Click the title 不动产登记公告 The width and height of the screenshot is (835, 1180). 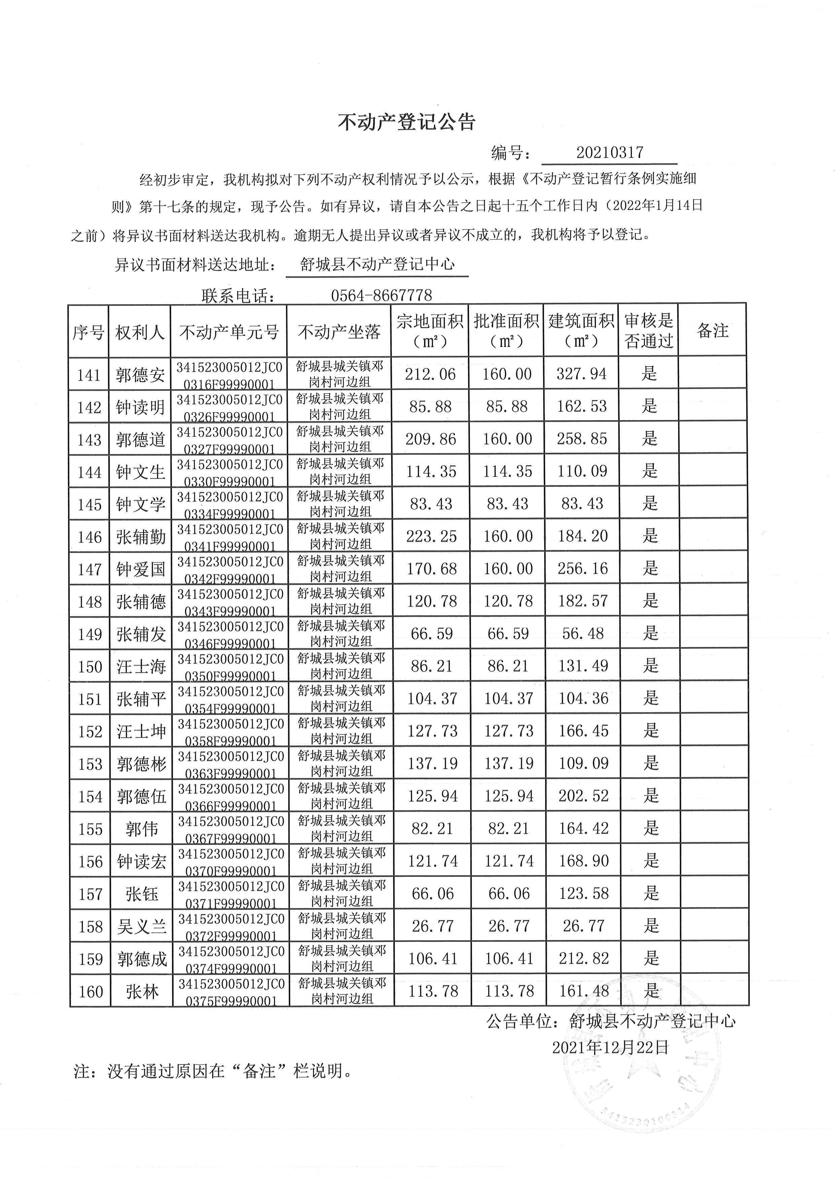[x=406, y=122]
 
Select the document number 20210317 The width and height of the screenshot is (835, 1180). [x=609, y=153]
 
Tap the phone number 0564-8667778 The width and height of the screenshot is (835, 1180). [x=381, y=295]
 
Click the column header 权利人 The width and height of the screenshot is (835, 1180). [x=140, y=332]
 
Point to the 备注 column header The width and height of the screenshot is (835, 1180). [x=713, y=330]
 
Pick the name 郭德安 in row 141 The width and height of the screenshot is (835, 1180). [x=140, y=375]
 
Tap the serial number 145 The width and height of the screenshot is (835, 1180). [x=90, y=505]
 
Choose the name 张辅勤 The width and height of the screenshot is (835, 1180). [x=140, y=537]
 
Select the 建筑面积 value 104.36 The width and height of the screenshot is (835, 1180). [x=583, y=699]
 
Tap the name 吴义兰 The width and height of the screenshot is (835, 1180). [x=142, y=926]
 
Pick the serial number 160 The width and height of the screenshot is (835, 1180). [x=91, y=991]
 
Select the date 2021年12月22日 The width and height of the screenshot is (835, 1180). [x=610, y=1048]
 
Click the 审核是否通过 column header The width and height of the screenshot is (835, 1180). [x=648, y=330]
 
